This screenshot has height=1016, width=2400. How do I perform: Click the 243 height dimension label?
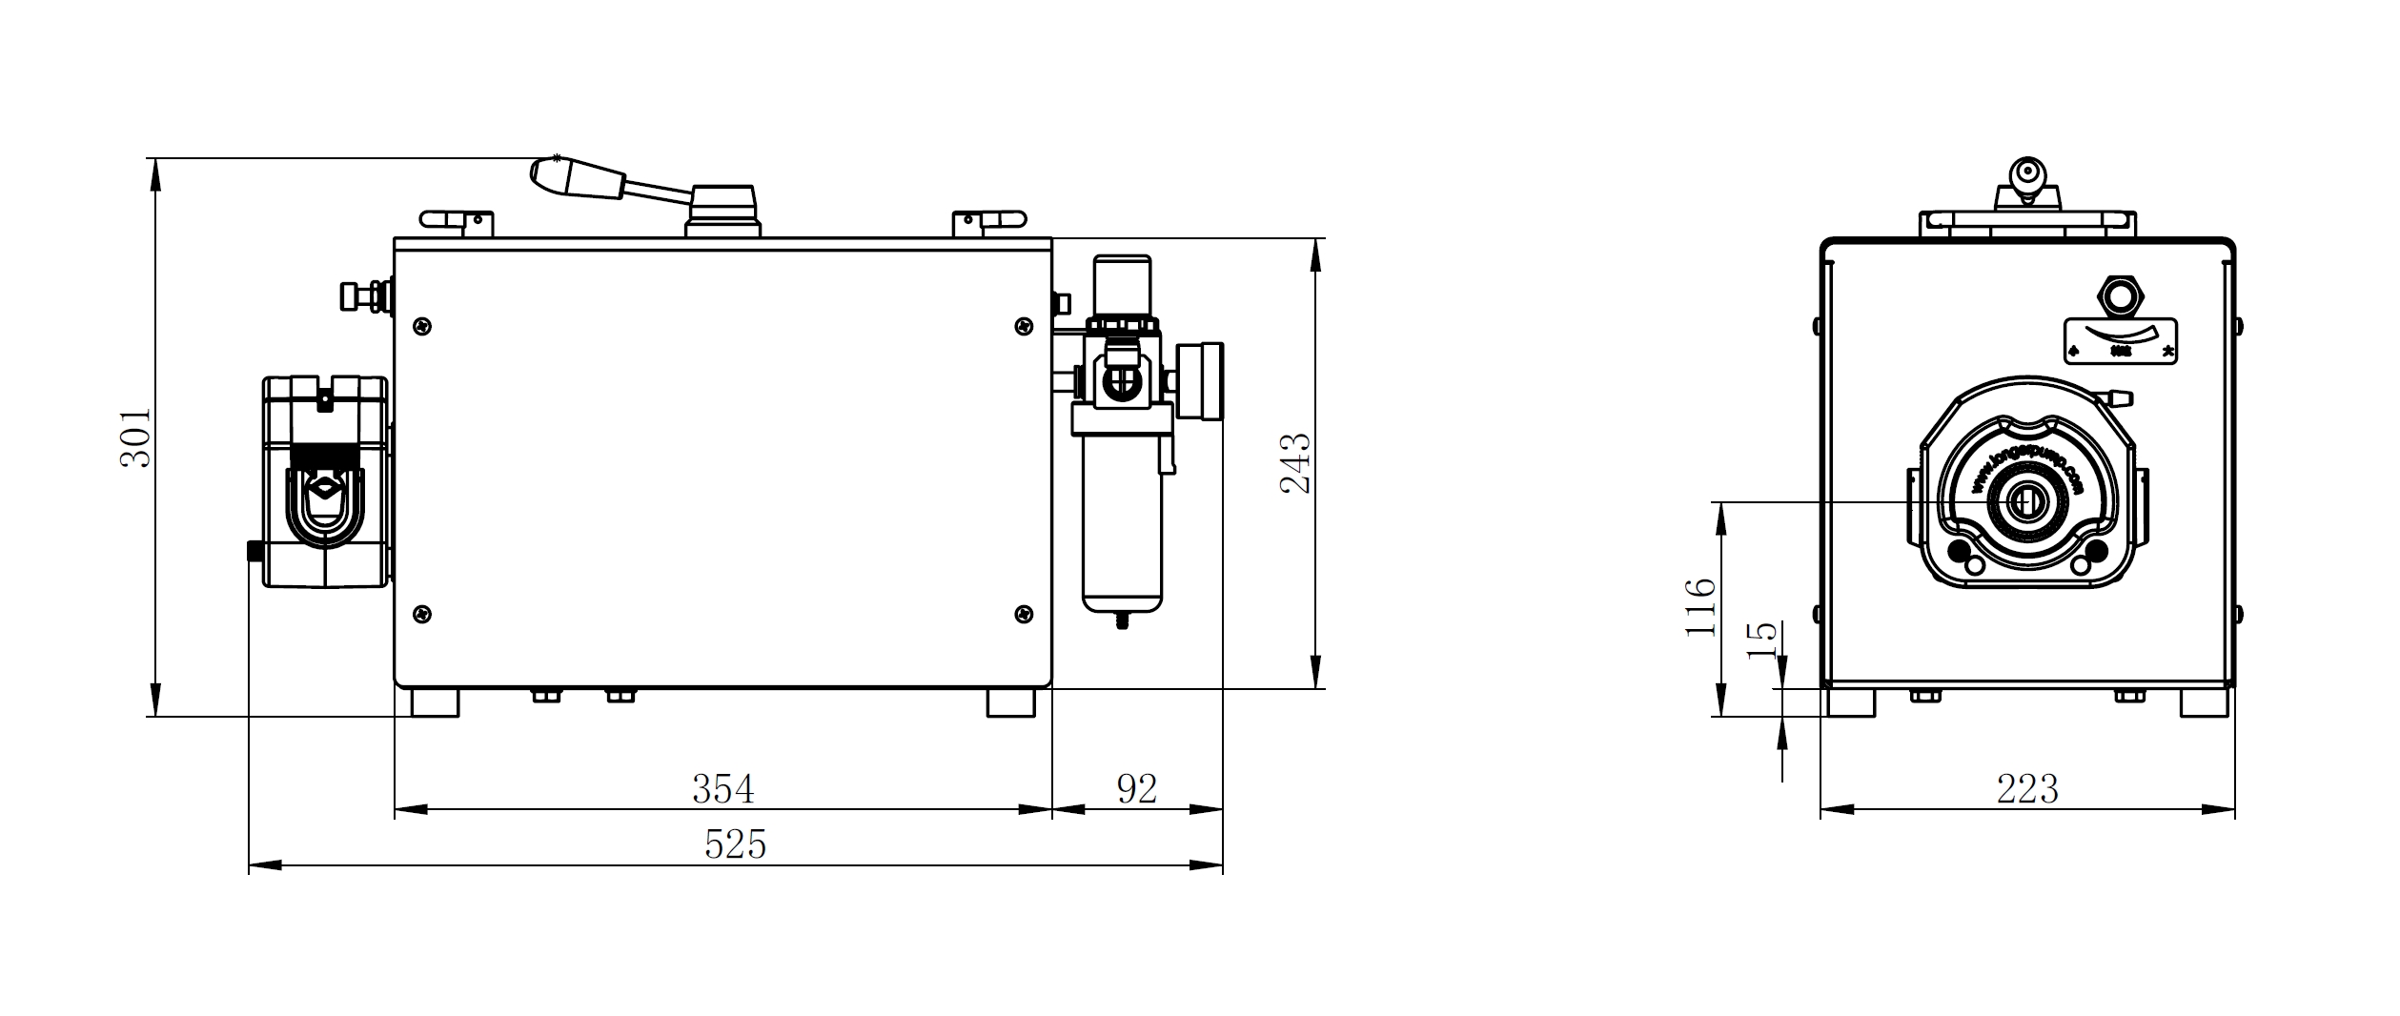click(1294, 463)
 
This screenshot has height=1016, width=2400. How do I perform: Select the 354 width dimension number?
click(722, 789)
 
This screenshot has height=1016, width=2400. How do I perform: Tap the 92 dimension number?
click(1136, 789)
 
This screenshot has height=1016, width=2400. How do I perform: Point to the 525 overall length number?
click(735, 844)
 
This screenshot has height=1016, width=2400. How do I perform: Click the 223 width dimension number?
click(2027, 789)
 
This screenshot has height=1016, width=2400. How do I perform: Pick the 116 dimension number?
click(1700, 607)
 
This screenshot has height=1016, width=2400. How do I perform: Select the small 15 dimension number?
click(1762, 640)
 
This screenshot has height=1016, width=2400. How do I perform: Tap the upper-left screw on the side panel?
click(422, 327)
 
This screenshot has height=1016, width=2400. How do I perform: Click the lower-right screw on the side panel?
click(1024, 614)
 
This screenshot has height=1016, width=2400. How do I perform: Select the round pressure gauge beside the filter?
click(1201, 380)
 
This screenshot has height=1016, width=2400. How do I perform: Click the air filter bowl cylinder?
click(1122, 538)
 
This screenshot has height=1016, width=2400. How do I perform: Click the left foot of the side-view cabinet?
click(435, 703)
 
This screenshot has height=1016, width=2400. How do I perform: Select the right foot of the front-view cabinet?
click(2205, 703)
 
